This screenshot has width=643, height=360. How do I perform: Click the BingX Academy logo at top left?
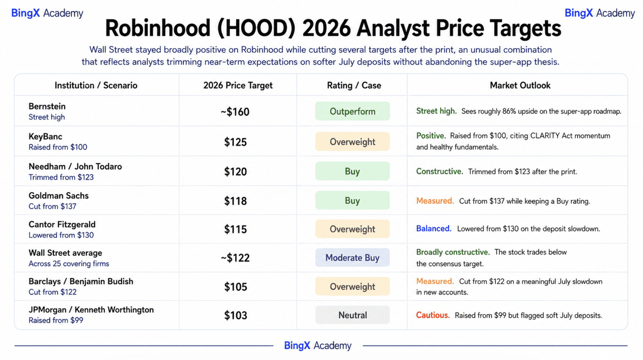(47, 13)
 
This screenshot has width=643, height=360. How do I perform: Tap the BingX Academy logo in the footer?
(317, 345)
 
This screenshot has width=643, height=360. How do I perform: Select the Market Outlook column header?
(520, 85)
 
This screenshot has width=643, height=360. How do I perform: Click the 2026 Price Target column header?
(238, 85)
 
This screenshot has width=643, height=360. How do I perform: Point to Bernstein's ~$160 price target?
(235, 111)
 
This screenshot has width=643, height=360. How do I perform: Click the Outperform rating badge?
(353, 111)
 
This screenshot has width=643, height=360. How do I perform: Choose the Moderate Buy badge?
(353, 258)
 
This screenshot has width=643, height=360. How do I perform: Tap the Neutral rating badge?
(353, 315)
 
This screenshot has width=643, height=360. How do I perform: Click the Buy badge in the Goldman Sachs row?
(353, 200)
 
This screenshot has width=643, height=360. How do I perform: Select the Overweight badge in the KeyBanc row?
(353, 142)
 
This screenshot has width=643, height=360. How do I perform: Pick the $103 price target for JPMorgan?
(236, 315)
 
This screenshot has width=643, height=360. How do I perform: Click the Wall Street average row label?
(65, 253)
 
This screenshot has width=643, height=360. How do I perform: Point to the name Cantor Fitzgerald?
(62, 224)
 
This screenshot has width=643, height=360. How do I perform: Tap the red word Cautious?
(433, 315)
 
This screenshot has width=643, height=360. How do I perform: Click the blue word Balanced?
(434, 228)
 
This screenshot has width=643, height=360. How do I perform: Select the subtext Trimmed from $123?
(61, 177)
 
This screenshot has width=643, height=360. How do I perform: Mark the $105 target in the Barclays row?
(236, 287)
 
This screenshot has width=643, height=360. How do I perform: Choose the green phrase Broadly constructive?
(453, 252)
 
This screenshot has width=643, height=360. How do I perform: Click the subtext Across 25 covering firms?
(69, 264)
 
